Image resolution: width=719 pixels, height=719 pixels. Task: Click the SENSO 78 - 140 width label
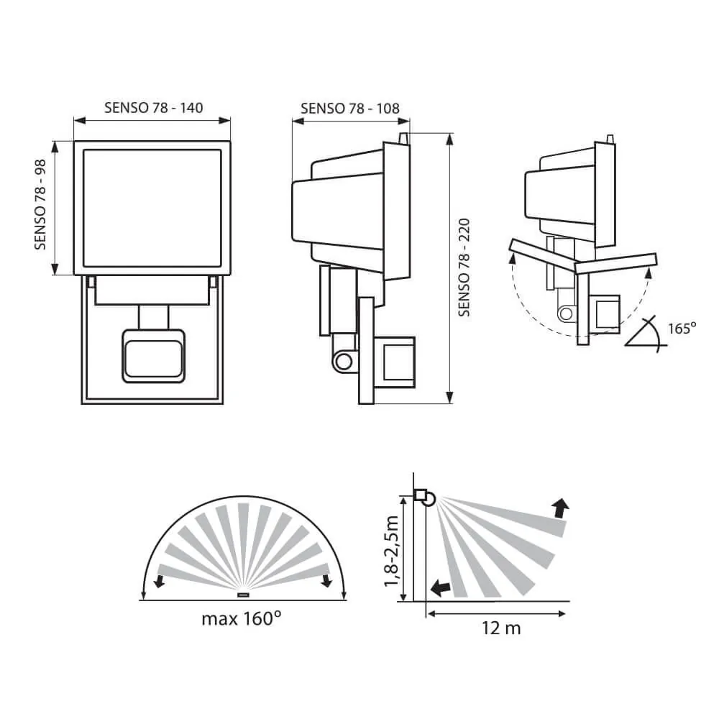(x=153, y=108)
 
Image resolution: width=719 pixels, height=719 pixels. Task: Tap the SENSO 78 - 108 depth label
(x=350, y=109)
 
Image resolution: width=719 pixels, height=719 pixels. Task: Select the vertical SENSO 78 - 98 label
(x=40, y=204)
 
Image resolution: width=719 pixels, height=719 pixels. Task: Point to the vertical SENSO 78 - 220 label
(x=464, y=267)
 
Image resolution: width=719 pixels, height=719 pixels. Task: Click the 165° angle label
(x=682, y=329)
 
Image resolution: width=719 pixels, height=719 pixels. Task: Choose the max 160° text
(x=241, y=618)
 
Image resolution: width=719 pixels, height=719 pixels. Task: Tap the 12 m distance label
(x=500, y=628)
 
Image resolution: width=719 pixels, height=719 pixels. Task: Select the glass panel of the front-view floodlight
(x=152, y=208)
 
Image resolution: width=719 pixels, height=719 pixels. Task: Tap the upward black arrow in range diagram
(x=560, y=508)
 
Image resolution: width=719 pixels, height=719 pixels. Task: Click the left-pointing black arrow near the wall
(x=440, y=587)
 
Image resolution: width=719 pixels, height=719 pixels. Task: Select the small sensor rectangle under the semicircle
(x=243, y=595)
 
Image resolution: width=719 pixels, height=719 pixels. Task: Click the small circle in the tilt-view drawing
(x=567, y=314)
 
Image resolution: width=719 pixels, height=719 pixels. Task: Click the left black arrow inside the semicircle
(x=159, y=581)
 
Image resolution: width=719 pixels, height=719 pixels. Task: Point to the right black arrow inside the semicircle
(x=326, y=581)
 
